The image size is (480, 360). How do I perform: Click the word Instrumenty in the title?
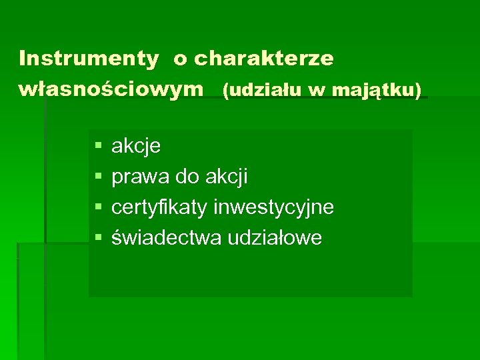pos(89,59)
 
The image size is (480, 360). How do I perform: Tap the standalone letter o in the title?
pos(180,59)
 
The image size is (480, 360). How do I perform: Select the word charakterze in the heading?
pos(264,59)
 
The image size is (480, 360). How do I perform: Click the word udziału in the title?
pos(262,89)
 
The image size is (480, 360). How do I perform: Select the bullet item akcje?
pos(136,146)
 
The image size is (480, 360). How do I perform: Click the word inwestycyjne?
pos(274,207)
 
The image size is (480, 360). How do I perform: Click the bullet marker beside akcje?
pos(98,145)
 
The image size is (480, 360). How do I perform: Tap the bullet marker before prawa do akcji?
pos(98,177)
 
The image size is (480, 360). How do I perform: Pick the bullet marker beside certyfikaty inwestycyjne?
pos(98,207)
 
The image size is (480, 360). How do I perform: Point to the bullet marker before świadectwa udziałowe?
pos(98,237)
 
